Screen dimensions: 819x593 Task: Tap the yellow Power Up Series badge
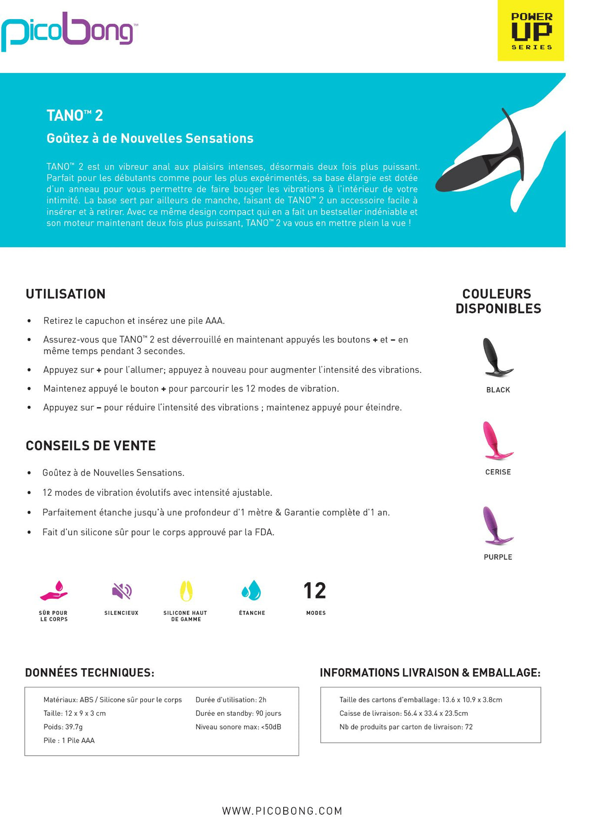click(x=531, y=31)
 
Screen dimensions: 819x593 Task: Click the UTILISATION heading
click(x=66, y=294)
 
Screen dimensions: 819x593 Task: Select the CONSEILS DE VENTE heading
click(x=90, y=445)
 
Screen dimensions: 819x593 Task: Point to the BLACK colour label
click(x=498, y=390)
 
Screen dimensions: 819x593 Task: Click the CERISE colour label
click(x=498, y=472)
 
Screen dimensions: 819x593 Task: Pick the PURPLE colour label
click(x=498, y=557)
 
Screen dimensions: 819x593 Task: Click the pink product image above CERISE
click(x=496, y=440)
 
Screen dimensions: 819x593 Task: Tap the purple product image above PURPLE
click(x=496, y=525)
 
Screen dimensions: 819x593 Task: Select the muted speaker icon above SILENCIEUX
click(x=122, y=591)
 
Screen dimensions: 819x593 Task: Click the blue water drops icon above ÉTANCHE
click(x=252, y=590)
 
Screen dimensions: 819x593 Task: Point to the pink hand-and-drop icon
click(x=54, y=591)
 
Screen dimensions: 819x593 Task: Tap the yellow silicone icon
click(x=186, y=591)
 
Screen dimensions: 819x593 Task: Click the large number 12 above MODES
click(x=315, y=591)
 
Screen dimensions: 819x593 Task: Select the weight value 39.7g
click(x=74, y=727)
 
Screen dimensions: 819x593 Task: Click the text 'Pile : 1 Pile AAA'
click(x=69, y=740)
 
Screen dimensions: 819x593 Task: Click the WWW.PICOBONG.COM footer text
click(x=282, y=811)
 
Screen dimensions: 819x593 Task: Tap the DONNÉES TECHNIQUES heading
click(x=89, y=673)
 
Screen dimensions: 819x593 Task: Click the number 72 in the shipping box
click(x=468, y=727)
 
